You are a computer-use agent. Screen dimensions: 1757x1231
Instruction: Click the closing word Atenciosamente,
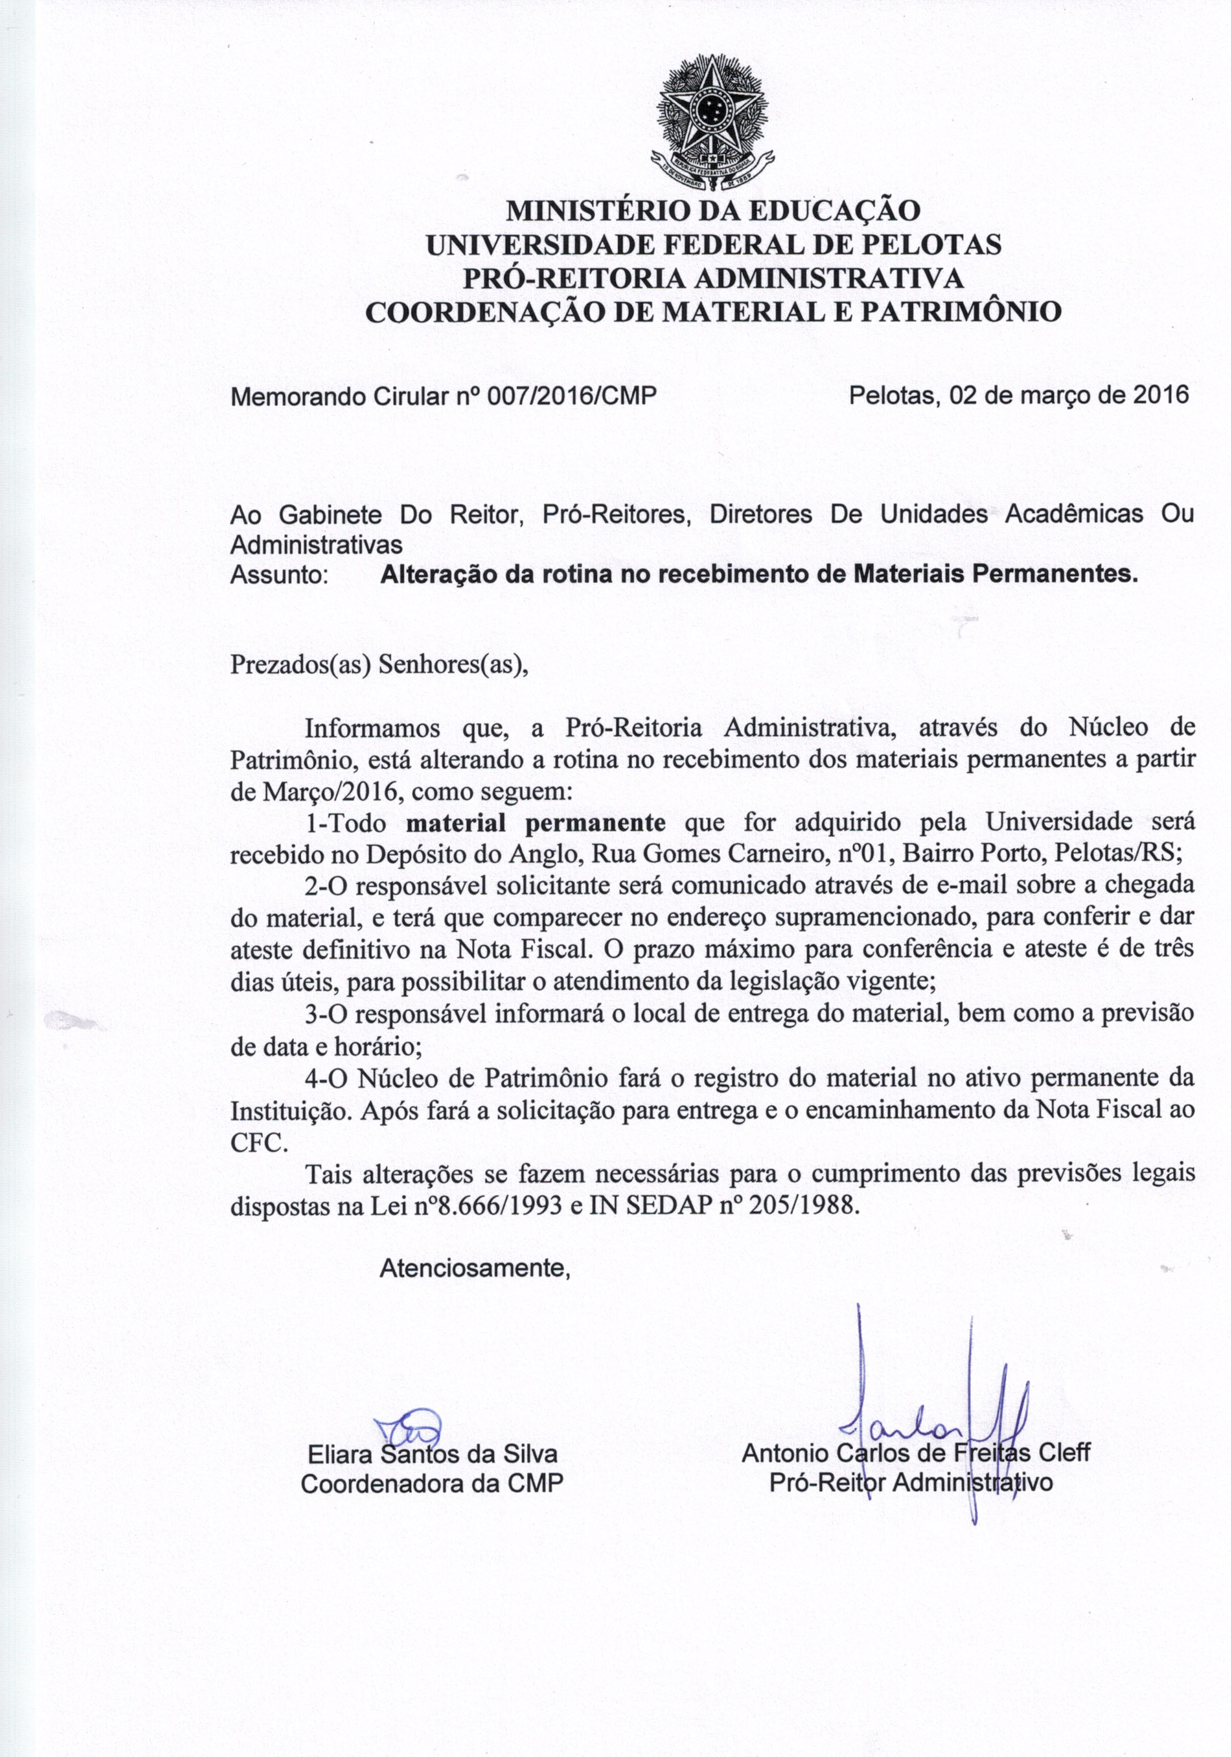(x=476, y=1269)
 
